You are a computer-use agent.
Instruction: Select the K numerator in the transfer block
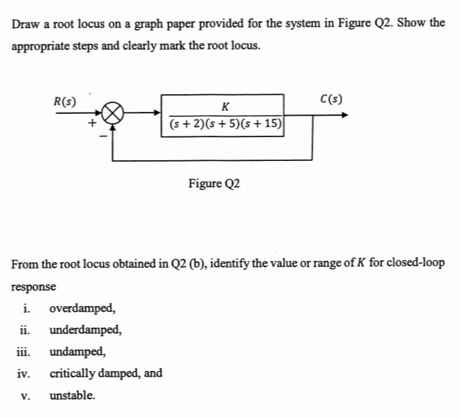225,105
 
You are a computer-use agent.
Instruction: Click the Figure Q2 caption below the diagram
214,184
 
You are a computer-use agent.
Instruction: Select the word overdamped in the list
82,309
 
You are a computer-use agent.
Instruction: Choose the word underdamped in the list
85,330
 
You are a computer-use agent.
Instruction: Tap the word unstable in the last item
72,395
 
